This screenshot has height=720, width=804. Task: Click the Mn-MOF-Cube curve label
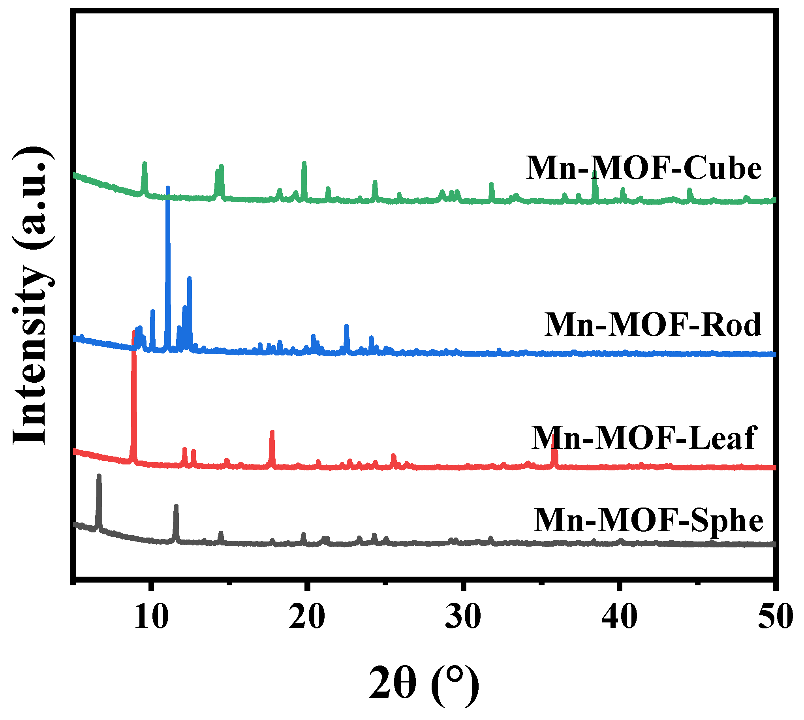click(x=643, y=168)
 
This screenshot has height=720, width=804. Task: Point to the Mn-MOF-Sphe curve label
click(x=648, y=520)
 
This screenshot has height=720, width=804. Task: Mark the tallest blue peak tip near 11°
click(x=168, y=188)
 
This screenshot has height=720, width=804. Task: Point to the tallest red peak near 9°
click(x=133, y=332)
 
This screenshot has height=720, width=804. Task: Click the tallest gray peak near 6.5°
click(x=99, y=476)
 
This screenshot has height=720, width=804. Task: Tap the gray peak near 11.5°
click(x=176, y=507)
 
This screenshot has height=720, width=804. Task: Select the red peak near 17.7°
click(x=272, y=432)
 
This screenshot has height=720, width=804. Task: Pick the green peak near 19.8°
click(x=304, y=163)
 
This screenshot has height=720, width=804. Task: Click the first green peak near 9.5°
click(x=145, y=164)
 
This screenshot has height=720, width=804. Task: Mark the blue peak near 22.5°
click(x=346, y=326)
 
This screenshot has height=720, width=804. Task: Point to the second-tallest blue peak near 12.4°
click(x=189, y=278)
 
